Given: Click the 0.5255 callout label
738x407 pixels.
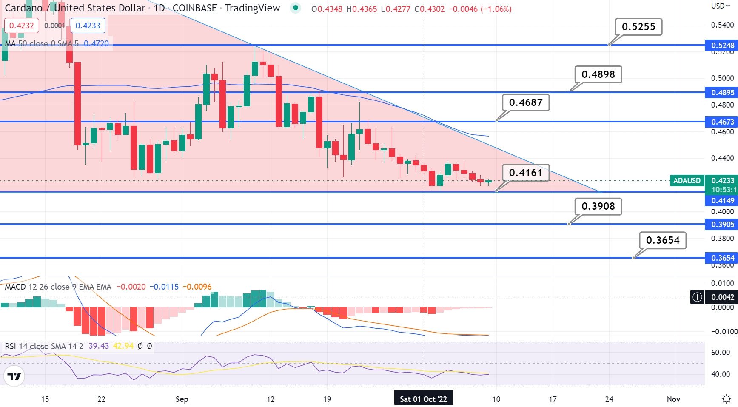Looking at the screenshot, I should coord(638,27).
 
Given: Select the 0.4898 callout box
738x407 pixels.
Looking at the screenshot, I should coord(598,74).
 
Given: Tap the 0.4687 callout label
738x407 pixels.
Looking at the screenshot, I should coord(526,102).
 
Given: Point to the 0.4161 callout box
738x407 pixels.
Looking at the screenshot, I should coord(526,173).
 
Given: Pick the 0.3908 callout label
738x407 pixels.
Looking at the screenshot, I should coord(598,206).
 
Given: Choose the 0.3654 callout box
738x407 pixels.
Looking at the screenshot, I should coord(663,240).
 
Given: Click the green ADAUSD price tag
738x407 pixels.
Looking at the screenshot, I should coord(687,181).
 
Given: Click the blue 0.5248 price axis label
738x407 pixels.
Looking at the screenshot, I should coord(722,45).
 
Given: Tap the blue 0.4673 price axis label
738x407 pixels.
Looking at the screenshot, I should coord(722,122).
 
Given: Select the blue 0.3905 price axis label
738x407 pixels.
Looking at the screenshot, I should coord(722,225).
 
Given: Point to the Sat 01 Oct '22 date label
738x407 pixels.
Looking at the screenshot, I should coord(423,399).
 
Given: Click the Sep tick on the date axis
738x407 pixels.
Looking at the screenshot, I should coord(182,399).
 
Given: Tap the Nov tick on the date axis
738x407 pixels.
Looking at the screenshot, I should coord(673,399).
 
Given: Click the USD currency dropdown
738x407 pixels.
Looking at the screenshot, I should coord(720,6).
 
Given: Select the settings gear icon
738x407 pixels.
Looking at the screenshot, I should coord(727,399).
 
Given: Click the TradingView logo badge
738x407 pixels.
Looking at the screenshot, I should coord(14,376).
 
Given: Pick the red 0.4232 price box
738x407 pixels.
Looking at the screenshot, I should coord(22,26).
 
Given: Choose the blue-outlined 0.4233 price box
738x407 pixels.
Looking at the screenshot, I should coord(88,26).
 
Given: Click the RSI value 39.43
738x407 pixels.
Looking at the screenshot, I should coord(99,346).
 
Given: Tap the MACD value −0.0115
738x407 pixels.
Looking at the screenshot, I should coord(164,287).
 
